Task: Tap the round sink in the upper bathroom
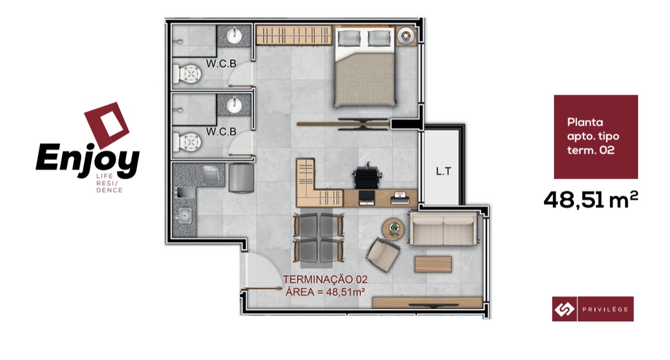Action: click(234, 36)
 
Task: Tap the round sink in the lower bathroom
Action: click(234, 105)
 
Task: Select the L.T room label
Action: click(443, 172)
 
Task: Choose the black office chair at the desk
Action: click(367, 175)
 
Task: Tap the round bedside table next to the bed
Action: click(405, 36)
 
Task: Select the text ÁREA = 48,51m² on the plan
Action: click(325, 292)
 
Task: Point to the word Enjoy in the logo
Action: click(88, 159)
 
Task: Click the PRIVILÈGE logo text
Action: click(605, 309)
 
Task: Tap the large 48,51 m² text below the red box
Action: click(591, 199)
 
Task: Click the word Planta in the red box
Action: click(585, 123)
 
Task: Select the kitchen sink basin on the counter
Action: click(184, 216)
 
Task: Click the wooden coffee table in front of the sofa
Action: click(433, 264)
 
